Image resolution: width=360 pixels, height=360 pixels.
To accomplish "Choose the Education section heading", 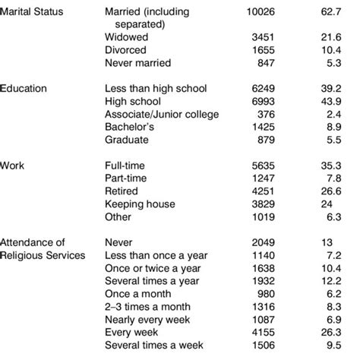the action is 30,88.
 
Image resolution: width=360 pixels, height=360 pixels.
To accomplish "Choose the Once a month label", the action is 137,292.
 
